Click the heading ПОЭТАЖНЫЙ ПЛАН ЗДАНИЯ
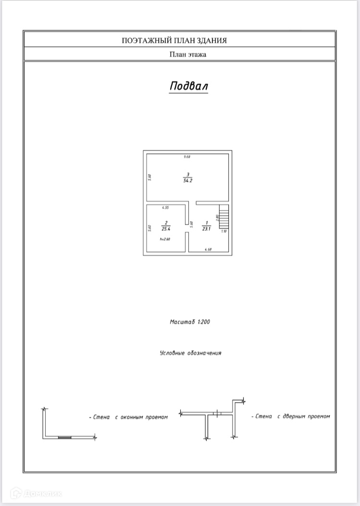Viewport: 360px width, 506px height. pyautogui.click(x=180, y=40)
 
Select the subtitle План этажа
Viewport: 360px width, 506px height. pyautogui.click(x=187, y=55)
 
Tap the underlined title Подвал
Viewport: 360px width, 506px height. pyautogui.click(x=189, y=86)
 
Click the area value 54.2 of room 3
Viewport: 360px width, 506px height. pyautogui.click(x=187, y=181)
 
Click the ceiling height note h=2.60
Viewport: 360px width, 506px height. pyautogui.click(x=165, y=239)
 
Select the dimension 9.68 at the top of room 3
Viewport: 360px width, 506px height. pyautogui.click(x=187, y=157)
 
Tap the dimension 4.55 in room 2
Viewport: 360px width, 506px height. pyautogui.click(x=165, y=207)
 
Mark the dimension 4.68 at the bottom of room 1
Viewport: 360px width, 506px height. pyautogui.click(x=209, y=249)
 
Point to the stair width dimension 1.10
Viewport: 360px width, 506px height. pyautogui.click(x=223, y=231)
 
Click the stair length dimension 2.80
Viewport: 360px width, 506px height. pyautogui.click(x=217, y=217)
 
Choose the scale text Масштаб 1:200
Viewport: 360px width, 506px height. pyautogui.click(x=189, y=322)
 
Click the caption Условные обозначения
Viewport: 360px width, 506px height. pyautogui.click(x=190, y=353)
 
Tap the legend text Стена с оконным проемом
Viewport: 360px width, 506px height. pyautogui.click(x=128, y=417)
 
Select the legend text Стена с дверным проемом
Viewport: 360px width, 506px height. pyautogui.click(x=291, y=416)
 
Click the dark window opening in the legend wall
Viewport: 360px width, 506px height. pyautogui.click(x=64, y=437)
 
